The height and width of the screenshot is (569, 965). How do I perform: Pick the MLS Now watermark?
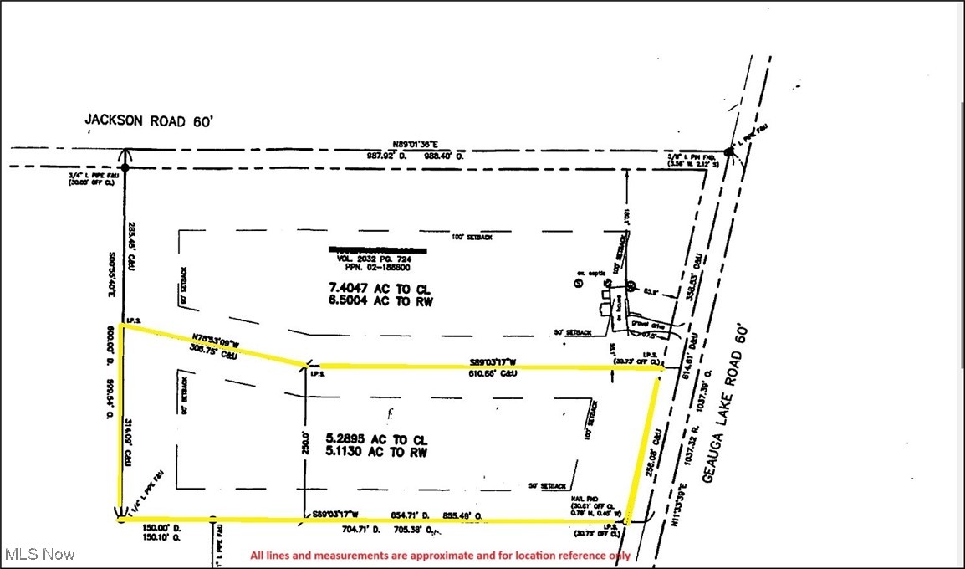pyautogui.click(x=39, y=554)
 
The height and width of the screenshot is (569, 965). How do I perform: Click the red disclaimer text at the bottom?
pyautogui.click(x=441, y=556)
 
